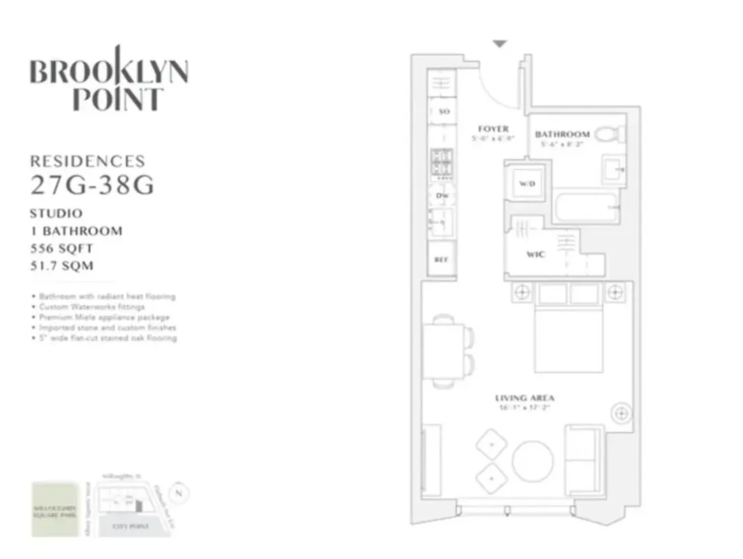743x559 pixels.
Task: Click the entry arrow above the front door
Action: pyautogui.click(x=499, y=43)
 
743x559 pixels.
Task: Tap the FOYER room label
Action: pyautogui.click(x=493, y=129)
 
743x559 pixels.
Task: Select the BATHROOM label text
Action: pyautogui.click(x=562, y=134)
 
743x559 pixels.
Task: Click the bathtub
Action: pyautogui.click(x=586, y=208)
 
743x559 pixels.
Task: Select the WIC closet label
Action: pyautogui.click(x=535, y=255)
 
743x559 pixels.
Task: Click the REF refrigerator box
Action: pyautogui.click(x=441, y=259)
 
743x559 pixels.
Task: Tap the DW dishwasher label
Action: pyautogui.click(x=442, y=196)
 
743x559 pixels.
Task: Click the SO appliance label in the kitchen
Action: pyautogui.click(x=442, y=112)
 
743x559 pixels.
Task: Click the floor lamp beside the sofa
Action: pyautogui.click(x=620, y=414)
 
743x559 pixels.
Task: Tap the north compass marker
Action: pyautogui.click(x=180, y=491)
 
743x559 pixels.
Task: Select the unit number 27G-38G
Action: pyautogui.click(x=92, y=186)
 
